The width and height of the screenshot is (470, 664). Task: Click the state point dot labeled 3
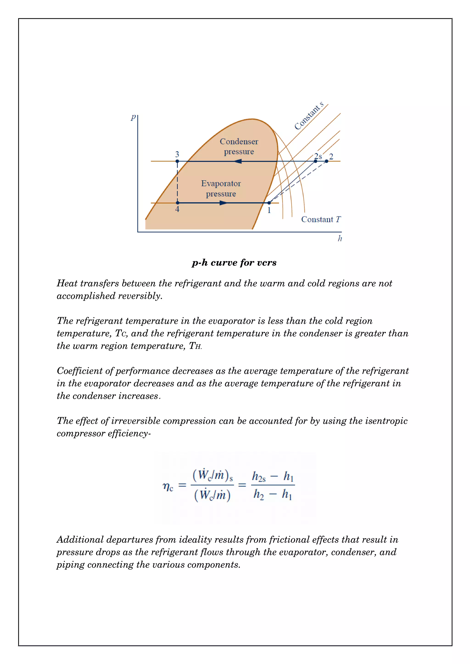pos(177,161)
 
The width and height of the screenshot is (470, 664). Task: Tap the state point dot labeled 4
pos(178,203)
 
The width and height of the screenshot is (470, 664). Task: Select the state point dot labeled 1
pos(269,203)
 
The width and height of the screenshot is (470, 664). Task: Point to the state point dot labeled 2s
pos(316,161)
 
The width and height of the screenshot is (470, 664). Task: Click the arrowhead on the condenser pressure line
pos(238,161)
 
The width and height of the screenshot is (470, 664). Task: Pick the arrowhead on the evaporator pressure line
pos(224,203)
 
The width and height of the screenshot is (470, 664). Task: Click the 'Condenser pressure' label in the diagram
pos(239,146)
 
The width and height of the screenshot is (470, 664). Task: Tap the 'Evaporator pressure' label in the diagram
pos(221,188)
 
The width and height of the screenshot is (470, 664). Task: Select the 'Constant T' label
pos(321,220)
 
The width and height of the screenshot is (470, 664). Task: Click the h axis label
pos(340,238)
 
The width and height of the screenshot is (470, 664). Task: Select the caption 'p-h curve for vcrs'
pos(234,263)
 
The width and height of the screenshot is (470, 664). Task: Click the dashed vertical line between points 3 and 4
pos(177,182)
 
